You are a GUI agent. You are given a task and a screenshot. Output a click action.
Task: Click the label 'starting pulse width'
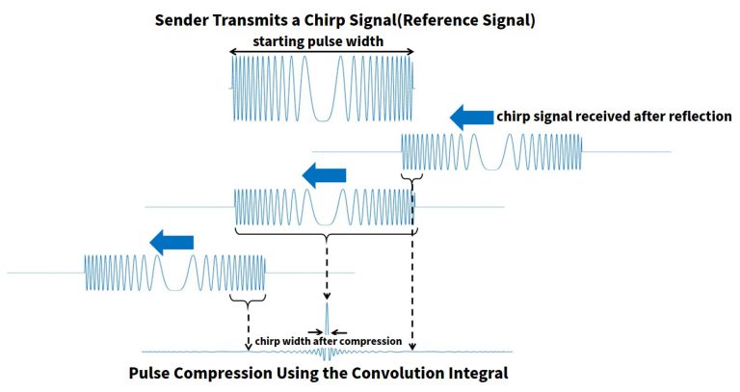pos(318,41)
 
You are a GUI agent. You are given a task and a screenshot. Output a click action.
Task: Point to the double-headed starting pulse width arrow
pos(322,52)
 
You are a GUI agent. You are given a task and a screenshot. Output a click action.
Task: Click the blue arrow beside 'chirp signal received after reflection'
pos(471,118)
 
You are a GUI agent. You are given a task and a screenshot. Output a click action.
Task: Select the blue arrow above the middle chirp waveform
pos(324,175)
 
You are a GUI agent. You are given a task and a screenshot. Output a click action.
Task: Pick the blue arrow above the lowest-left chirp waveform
pos(172,243)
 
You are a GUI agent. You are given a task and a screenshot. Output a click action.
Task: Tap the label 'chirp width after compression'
pos(329,341)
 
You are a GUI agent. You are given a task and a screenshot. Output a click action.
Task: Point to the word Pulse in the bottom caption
pos(147,373)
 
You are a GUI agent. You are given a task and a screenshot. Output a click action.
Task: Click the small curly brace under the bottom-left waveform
pos(248,300)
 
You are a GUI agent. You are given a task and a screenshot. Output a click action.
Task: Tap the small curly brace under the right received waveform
pos(411,178)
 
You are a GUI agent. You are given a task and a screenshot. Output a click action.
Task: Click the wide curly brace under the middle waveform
pos(326,233)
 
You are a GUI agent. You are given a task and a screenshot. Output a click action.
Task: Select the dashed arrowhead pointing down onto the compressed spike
pos(327,296)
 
